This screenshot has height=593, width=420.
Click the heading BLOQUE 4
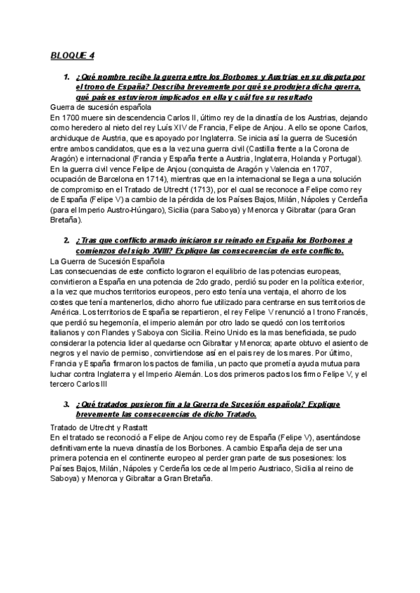click(x=72, y=55)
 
